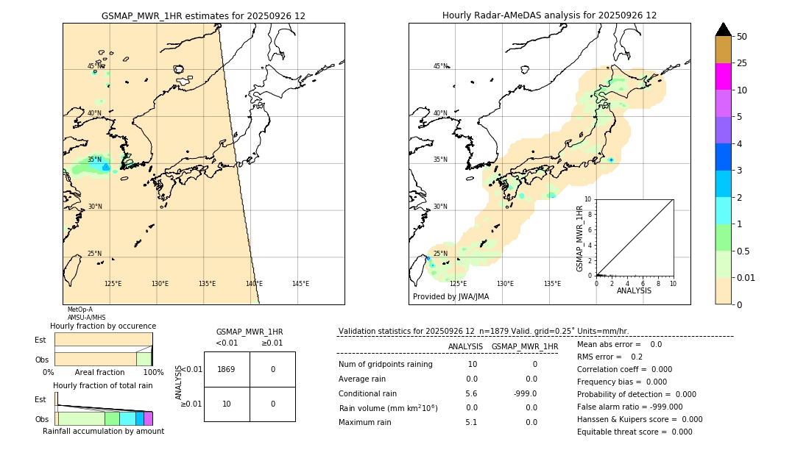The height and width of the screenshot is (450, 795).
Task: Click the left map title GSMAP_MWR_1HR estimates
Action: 203,15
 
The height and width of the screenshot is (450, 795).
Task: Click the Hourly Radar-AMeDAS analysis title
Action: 549,15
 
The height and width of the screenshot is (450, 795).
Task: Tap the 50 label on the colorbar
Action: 742,37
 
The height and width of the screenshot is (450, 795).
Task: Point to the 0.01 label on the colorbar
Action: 746,277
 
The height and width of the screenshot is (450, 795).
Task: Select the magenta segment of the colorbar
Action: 723,76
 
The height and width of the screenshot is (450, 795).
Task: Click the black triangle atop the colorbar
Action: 723,29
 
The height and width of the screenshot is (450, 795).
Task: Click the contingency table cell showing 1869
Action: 227,369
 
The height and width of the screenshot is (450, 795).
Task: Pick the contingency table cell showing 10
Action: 227,404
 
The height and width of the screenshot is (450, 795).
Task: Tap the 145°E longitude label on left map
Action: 300,284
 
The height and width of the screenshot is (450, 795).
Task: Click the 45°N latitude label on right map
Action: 440,66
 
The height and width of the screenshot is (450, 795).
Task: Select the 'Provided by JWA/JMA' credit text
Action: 451,297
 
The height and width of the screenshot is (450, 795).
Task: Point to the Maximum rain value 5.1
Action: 471,422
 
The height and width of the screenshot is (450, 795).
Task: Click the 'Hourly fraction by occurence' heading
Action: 103,326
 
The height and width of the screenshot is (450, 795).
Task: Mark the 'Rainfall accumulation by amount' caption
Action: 103,431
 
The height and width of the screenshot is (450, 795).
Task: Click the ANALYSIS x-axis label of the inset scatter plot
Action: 634,290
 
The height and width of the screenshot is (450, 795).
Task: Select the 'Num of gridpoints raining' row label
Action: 385,364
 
